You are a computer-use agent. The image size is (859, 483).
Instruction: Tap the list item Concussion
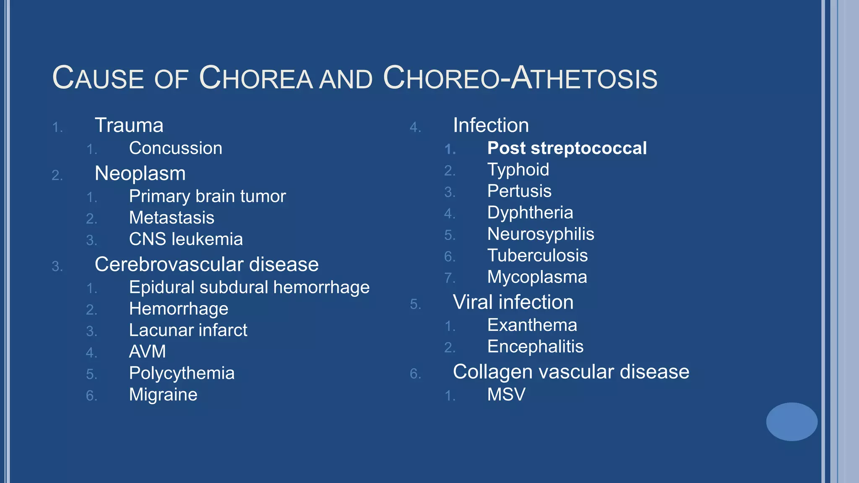click(175, 148)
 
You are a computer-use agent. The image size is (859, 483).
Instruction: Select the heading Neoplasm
click(140, 174)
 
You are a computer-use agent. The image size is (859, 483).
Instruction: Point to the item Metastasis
click(172, 218)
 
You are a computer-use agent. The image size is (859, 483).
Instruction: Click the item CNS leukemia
click(186, 239)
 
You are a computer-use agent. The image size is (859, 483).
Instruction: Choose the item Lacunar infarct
click(188, 330)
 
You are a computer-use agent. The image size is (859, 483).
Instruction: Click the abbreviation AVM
click(147, 352)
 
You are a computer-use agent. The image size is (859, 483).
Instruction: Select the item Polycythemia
click(182, 373)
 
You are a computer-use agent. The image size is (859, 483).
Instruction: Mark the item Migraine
click(163, 395)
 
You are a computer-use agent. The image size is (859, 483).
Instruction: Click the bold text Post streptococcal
click(567, 148)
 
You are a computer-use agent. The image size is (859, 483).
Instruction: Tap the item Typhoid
click(518, 170)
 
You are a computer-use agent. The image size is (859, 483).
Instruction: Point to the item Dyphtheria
click(530, 213)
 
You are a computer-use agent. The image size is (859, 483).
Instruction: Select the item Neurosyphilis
click(541, 234)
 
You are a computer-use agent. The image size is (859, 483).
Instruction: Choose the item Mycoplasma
click(537, 277)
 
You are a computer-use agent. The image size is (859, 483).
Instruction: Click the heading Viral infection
click(513, 302)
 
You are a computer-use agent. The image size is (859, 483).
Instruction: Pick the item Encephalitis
click(535, 347)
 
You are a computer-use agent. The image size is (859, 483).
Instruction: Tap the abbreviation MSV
click(506, 395)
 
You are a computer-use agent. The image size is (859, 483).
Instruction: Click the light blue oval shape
click(791, 422)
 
